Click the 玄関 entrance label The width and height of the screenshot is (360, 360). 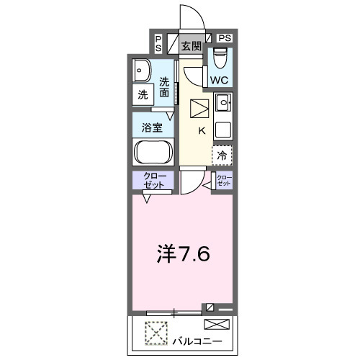[x=190, y=47]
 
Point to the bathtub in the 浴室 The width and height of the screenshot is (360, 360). [x=152, y=153]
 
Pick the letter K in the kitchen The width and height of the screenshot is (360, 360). [x=202, y=130]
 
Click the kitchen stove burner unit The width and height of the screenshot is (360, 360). [x=223, y=105]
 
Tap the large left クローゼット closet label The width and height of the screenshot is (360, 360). [x=152, y=181]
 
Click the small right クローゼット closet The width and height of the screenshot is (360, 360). [x=225, y=181]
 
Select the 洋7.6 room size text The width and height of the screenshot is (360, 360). [x=184, y=253]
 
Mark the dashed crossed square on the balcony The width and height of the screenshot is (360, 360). [x=155, y=332]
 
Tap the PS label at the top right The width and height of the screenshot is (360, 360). [x=225, y=37]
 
